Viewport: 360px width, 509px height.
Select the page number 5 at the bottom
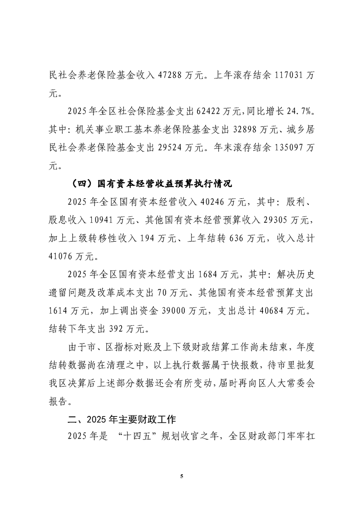[x=180, y=476]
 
